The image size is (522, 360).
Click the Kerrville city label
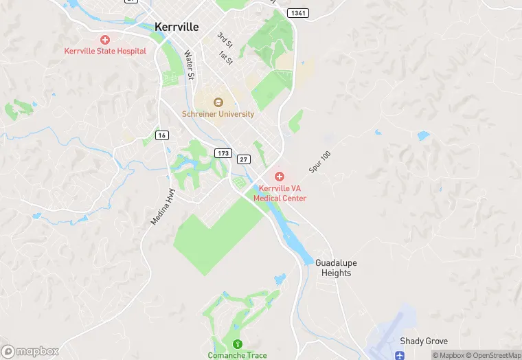[x=177, y=27]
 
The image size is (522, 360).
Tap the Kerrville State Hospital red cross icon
[x=105, y=41]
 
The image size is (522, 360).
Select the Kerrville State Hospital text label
[x=105, y=51]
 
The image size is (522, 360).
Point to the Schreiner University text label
[x=218, y=114]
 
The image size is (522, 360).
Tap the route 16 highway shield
[x=162, y=135]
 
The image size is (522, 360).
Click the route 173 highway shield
[x=223, y=153]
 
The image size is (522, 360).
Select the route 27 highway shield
[x=243, y=159]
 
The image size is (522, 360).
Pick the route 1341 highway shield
[x=299, y=13]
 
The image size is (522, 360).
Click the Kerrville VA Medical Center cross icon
[x=280, y=177]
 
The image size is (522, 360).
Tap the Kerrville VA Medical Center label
[x=280, y=193]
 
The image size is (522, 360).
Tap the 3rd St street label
[x=225, y=40]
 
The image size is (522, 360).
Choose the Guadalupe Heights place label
[x=336, y=268]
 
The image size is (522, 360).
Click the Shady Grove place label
[x=424, y=341]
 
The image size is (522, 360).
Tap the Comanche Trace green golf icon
[x=238, y=344]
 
